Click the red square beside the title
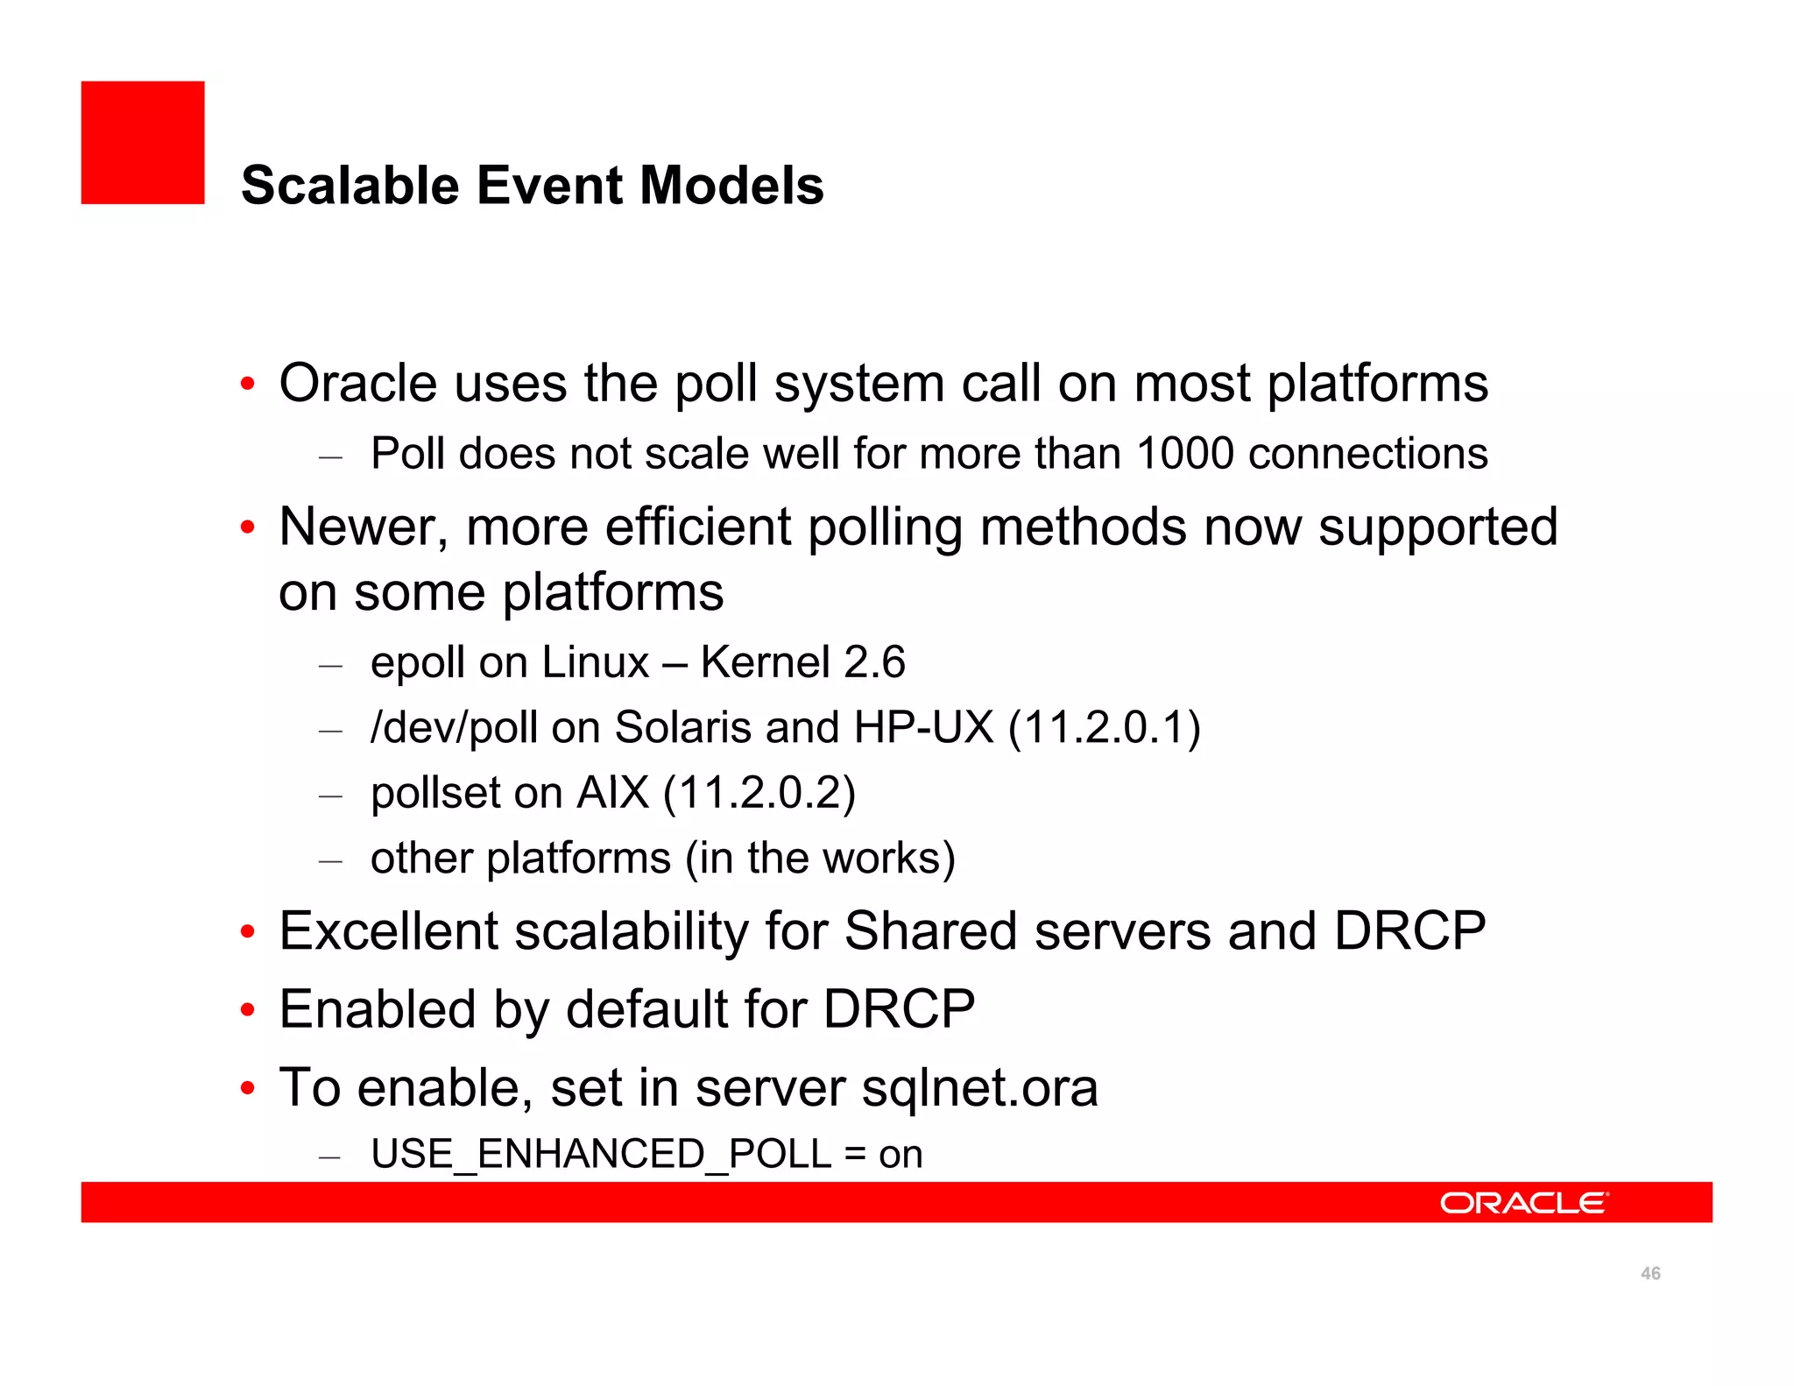(x=143, y=143)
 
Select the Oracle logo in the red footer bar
(x=1523, y=1203)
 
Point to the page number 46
(x=1650, y=1274)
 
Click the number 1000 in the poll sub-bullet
(x=1184, y=454)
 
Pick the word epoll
(x=418, y=662)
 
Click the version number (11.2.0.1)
(x=1104, y=727)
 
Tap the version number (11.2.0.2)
(x=759, y=793)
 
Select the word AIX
(x=612, y=793)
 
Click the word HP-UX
(x=923, y=727)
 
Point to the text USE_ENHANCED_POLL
(x=601, y=1154)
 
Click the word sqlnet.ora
(x=979, y=1088)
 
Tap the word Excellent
(x=387, y=930)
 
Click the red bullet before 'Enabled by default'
(x=248, y=1010)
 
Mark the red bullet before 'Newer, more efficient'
(x=248, y=527)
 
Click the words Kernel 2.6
(x=802, y=662)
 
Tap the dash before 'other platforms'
(x=330, y=860)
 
